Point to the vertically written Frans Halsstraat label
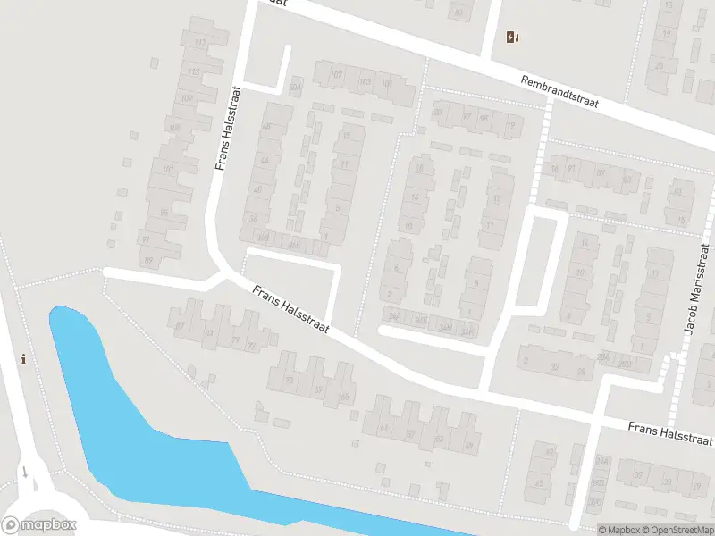point(229,128)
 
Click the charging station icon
point(512,37)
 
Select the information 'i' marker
point(23,359)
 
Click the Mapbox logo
point(39,525)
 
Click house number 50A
point(295,88)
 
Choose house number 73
point(289,380)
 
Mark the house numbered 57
point(411,433)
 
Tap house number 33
point(668,482)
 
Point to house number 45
point(539,483)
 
